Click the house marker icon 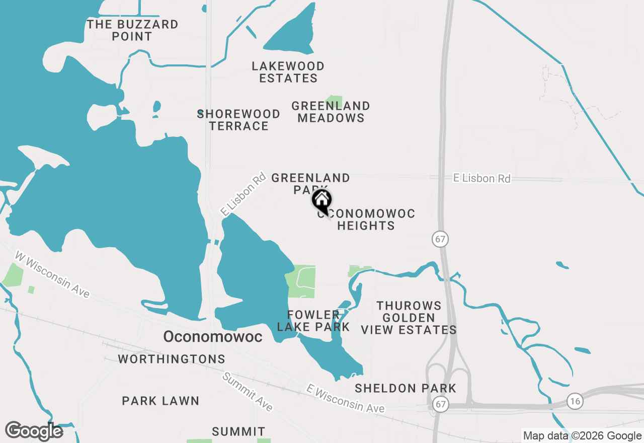pyautogui.click(x=322, y=200)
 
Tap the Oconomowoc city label pyautogui.click(x=212, y=336)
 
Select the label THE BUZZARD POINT pyautogui.click(x=132, y=30)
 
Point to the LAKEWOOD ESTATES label pyautogui.click(x=288, y=72)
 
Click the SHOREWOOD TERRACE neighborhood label pyautogui.click(x=239, y=120)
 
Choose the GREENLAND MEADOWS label pyautogui.click(x=331, y=112)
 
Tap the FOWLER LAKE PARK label pyautogui.click(x=313, y=321)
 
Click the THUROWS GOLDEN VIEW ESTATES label pyautogui.click(x=409, y=318)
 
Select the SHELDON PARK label pyautogui.click(x=406, y=388)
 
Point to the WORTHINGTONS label pyautogui.click(x=172, y=359)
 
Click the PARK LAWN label pyautogui.click(x=160, y=401)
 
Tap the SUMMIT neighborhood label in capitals pyautogui.click(x=238, y=431)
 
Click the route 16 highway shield pyautogui.click(x=575, y=401)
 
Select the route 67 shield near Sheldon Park pyautogui.click(x=441, y=404)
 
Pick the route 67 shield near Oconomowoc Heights pyautogui.click(x=440, y=239)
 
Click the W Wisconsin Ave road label pyautogui.click(x=52, y=274)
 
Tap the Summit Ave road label pyautogui.click(x=248, y=392)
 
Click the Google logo pyautogui.click(x=34, y=431)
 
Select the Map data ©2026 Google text pyautogui.click(x=582, y=436)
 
